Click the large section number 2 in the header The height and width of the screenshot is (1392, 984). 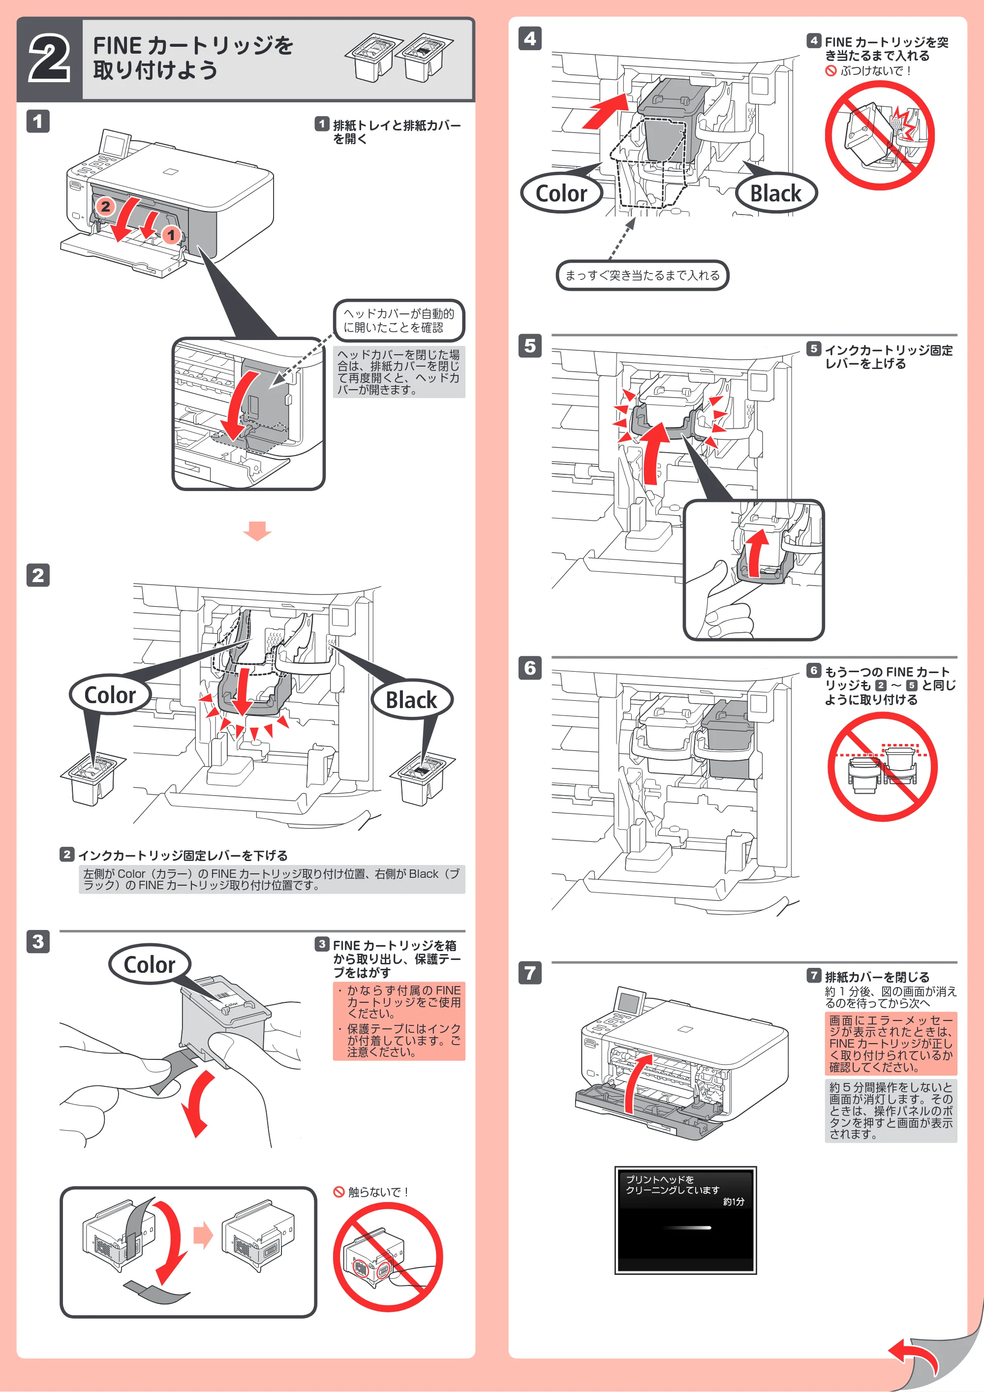click(49, 59)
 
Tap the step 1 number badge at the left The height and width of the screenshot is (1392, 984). click(37, 121)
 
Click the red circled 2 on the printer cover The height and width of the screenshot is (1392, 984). click(105, 206)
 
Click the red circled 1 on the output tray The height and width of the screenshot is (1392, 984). click(171, 235)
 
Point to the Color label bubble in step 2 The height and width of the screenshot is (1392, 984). click(110, 695)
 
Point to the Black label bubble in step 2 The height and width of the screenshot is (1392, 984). click(412, 700)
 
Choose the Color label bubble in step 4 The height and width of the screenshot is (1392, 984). click(561, 193)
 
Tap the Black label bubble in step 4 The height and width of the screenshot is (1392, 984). click(776, 193)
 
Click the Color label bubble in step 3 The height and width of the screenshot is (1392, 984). click(150, 964)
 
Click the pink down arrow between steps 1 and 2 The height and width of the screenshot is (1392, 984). click(257, 530)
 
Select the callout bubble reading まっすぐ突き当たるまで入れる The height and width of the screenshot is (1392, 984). click(643, 275)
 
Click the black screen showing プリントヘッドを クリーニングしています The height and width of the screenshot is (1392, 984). click(686, 1220)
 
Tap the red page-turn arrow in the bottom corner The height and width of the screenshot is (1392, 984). click(916, 1356)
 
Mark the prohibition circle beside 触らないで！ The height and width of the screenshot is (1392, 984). click(388, 1257)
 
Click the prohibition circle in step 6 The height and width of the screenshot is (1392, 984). click(883, 767)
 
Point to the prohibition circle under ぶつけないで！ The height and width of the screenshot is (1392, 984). click(880, 135)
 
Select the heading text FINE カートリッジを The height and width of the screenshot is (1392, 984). click(193, 45)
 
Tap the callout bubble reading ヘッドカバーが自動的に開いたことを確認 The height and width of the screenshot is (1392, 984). click(399, 320)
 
